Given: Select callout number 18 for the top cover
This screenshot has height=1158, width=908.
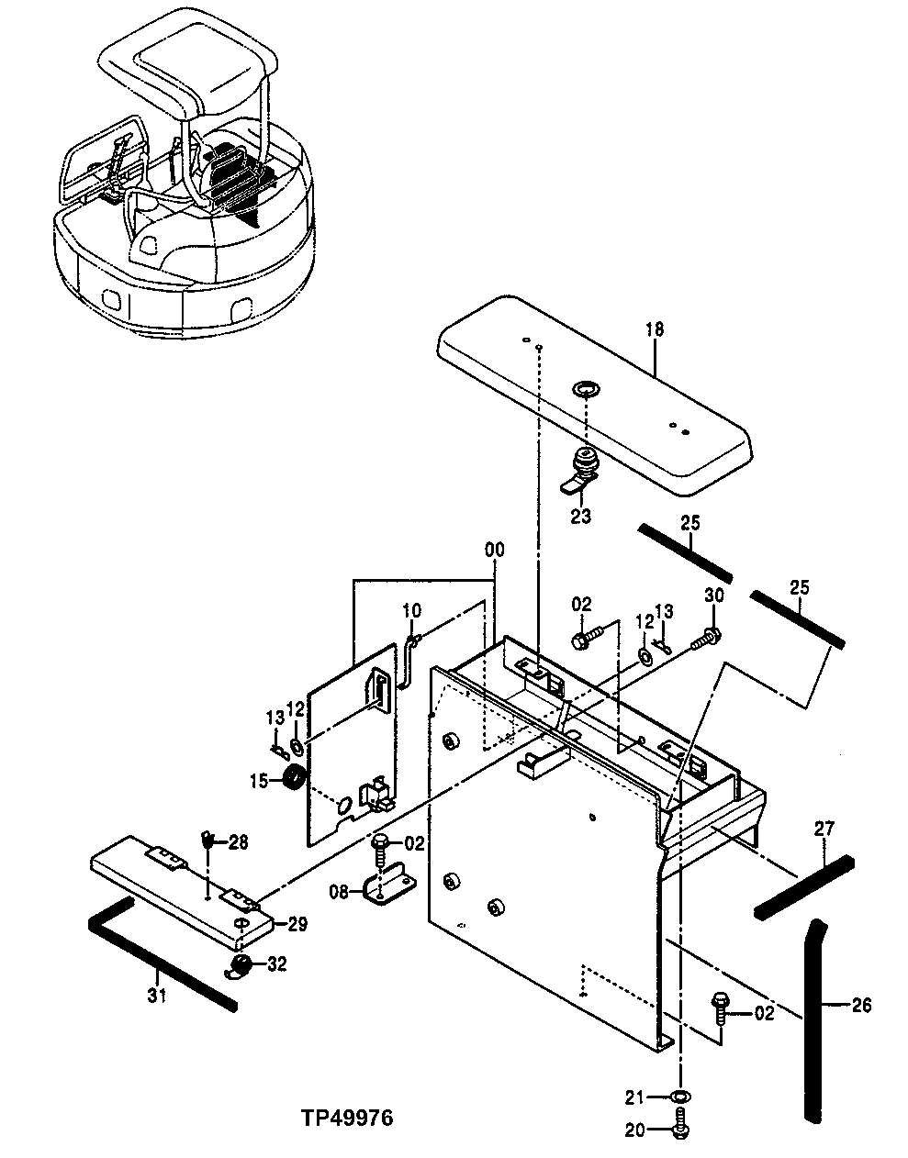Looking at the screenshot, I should (x=655, y=329).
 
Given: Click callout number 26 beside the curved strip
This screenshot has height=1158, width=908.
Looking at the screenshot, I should (x=860, y=1006).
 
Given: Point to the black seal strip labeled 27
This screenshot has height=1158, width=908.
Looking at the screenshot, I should (x=804, y=886).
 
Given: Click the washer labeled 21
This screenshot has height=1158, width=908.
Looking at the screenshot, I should (x=679, y=1097).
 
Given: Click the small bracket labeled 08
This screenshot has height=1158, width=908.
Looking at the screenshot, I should (x=386, y=887).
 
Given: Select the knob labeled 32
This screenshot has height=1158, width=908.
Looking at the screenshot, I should (x=242, y=965).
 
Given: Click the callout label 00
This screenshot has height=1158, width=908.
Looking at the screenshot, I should (x=495, y=550).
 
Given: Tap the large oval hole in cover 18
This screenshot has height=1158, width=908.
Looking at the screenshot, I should (x=584, y=391).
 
